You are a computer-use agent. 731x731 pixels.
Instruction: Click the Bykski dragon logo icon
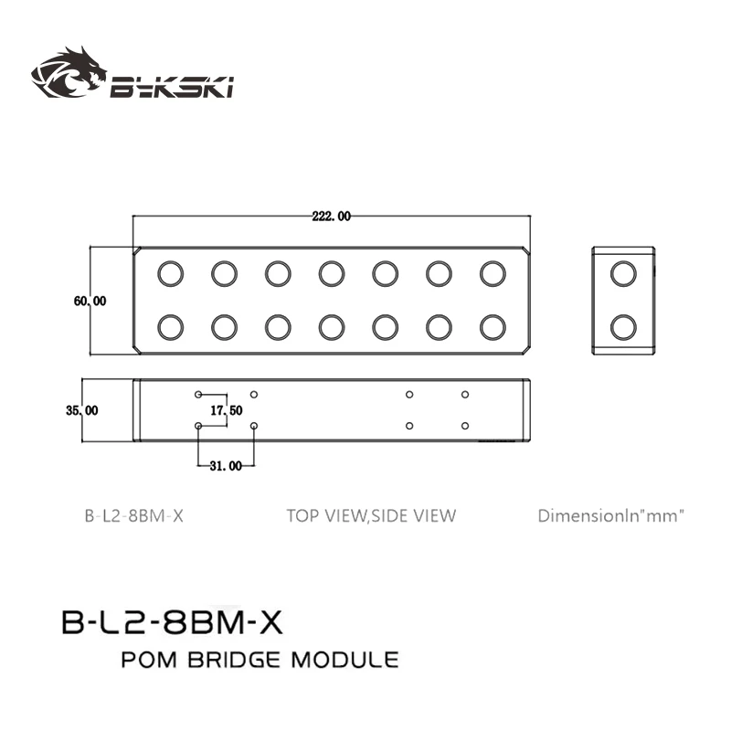69,74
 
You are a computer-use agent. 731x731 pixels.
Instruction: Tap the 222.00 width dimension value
331,217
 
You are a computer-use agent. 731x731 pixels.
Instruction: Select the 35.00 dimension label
82,410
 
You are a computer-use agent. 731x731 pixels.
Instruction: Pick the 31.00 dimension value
226,466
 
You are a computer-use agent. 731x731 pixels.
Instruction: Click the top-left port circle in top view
170,272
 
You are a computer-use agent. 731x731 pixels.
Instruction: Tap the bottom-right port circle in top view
493,326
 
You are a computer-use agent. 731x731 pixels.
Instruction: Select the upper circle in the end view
623,272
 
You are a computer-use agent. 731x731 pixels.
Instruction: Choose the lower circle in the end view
623,326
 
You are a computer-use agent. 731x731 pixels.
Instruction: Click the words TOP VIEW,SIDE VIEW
370,516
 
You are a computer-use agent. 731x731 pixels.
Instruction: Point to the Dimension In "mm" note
610,516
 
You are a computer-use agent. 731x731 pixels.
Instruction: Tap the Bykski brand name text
173,88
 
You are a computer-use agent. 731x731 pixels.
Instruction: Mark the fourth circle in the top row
332,272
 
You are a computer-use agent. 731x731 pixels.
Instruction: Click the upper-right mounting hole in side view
465,395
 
